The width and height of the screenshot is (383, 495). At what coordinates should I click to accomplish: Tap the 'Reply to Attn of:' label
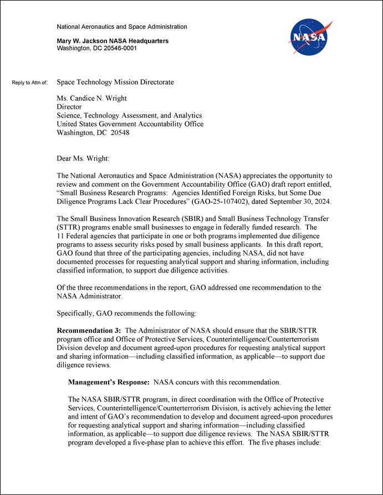(30, 83)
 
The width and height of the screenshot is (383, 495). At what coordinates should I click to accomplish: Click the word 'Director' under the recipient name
(69, 107)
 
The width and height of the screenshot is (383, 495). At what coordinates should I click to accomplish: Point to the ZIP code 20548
(120, 133)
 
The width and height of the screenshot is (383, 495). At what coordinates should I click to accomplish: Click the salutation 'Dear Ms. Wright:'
(83, 159)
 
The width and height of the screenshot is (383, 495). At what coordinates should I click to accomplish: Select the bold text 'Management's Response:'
(109, 382)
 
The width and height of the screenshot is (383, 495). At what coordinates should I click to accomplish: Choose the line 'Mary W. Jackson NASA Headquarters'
(113, 41)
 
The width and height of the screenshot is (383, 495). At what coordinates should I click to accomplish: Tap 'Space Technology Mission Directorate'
(115, 82)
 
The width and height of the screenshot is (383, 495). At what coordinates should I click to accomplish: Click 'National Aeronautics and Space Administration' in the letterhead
(122, 27)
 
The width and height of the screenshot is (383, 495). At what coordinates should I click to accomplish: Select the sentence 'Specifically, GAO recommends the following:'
(126, 313)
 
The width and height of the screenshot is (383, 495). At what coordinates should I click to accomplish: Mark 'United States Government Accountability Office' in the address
(130, 124)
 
